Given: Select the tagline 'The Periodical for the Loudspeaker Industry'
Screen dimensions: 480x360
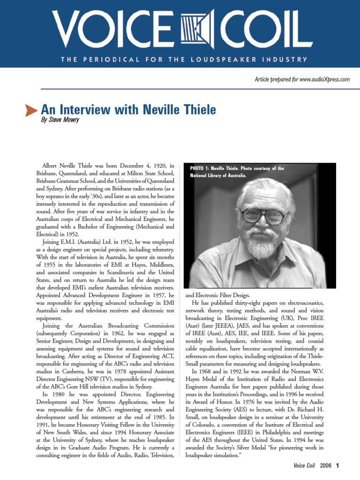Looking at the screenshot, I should coord(183,60).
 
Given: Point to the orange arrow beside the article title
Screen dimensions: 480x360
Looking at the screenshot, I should coord(31,111).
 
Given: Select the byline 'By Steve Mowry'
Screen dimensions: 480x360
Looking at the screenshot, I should coord(60,120).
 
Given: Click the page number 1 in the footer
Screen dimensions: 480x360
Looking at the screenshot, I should coord(337,465).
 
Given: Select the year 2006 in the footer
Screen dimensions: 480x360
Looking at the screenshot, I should coord(325,465).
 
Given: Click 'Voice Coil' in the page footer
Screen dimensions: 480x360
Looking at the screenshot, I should coord(305,465).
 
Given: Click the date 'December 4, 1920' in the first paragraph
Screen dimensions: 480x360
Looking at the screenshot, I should coord(141,165).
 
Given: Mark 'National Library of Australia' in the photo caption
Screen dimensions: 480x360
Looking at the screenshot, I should coord(218,176).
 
